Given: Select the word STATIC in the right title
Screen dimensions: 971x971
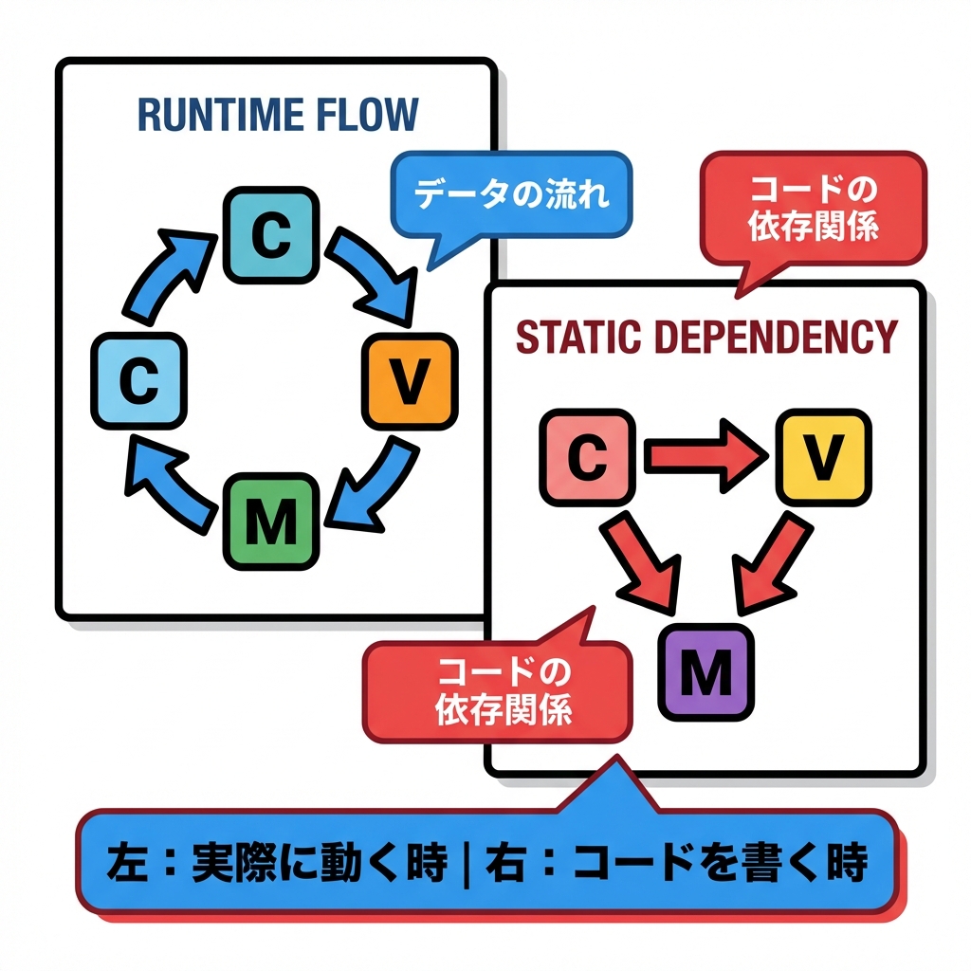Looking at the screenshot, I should tap(569, 337).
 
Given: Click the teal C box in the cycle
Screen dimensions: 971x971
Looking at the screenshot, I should tap(270, 235).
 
